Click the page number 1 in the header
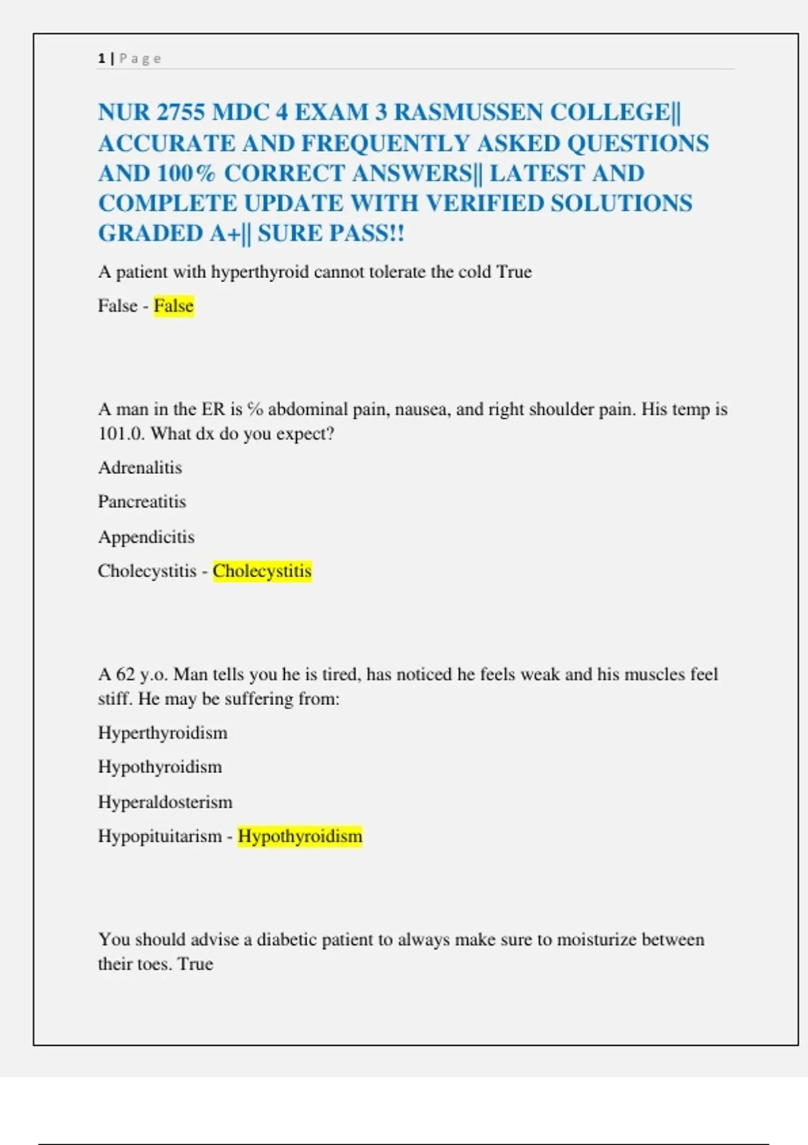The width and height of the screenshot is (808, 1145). click(101, 59)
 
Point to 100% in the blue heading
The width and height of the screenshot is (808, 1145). click(186, 173)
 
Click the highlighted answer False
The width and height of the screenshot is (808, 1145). click(174, 306)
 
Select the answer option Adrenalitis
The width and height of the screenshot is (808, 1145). click(140, 467)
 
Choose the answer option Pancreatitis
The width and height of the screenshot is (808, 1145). click(142, 502)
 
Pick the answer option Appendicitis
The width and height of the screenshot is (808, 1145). click(146, 537)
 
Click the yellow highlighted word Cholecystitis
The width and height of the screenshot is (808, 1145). click(262, 571)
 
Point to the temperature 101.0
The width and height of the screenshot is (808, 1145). click(121, 433)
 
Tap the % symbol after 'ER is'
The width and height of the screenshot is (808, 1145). click(255, 409)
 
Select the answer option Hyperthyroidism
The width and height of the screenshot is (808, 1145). click(163, 733)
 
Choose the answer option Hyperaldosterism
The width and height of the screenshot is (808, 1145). click(165, 802)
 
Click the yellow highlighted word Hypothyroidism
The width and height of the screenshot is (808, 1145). click(300, 837)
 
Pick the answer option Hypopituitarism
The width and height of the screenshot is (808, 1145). click(160, 837)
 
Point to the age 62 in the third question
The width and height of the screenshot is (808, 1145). click(125, 674)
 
